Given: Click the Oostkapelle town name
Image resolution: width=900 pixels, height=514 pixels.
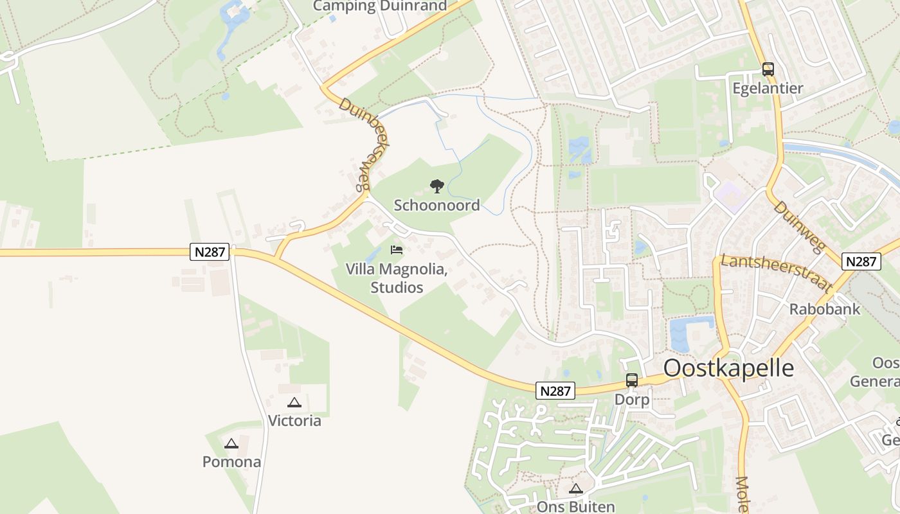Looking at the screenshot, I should (728, 368).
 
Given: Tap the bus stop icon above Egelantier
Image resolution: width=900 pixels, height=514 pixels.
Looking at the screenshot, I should (768, 69).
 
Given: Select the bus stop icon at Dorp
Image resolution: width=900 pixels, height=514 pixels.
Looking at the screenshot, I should (632, 380).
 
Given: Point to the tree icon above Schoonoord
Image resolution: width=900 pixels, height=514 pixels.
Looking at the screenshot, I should (437, 187).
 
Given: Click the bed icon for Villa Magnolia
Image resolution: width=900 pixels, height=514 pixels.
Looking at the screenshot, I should (397, 250).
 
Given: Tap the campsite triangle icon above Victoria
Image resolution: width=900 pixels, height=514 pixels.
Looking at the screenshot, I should (294, 403).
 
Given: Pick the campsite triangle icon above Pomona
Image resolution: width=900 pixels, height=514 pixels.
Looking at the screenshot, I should (231, 443).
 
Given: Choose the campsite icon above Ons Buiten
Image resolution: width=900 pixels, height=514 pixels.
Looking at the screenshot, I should (576, 488).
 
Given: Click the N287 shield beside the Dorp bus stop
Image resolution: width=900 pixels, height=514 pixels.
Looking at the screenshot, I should (555, 391).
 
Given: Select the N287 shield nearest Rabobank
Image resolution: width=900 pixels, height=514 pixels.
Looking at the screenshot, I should (861, 261).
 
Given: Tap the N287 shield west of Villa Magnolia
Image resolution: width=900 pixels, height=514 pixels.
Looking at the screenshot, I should (210, 252).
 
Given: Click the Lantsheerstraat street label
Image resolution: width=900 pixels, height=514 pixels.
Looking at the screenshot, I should (777, 273).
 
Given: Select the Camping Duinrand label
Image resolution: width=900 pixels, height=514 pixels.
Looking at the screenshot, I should (380, 6).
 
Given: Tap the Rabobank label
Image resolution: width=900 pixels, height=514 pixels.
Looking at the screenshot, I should (825, 309).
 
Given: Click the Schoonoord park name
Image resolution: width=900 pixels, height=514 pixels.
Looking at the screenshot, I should (437, 206).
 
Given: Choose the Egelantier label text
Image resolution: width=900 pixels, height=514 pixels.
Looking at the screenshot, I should (768, 89).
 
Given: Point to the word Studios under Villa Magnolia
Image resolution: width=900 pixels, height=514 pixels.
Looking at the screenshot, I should (397, 287).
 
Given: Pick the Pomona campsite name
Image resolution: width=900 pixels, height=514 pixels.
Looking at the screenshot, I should (231, 462).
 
